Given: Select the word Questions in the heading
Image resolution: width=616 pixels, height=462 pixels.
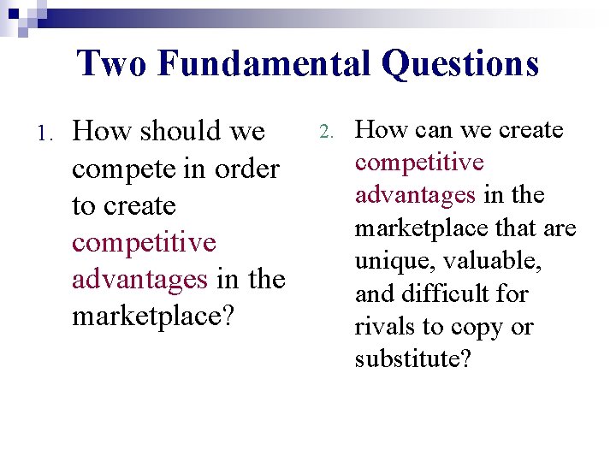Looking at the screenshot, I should (x=460, y=63).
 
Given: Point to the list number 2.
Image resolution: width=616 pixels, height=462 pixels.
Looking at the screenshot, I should (x=324, y=133).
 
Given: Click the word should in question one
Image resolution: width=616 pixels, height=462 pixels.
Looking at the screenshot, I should (x=181, y=132).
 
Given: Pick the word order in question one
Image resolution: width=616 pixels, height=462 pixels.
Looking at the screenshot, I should (x=247, y=169).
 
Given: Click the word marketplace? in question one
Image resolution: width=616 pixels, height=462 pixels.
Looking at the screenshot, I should (x=151, y=316).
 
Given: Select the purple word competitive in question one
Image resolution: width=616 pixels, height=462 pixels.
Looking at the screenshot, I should (x=144, y=242).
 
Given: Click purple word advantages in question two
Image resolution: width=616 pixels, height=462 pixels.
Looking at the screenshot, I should (x=415, y=195).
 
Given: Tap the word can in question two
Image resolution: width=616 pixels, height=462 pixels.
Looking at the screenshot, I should (x=432, y=130).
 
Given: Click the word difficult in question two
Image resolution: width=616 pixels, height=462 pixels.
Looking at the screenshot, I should (x=446, y=293).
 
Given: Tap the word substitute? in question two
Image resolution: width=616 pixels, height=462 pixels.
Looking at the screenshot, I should (x=412, y=358).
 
